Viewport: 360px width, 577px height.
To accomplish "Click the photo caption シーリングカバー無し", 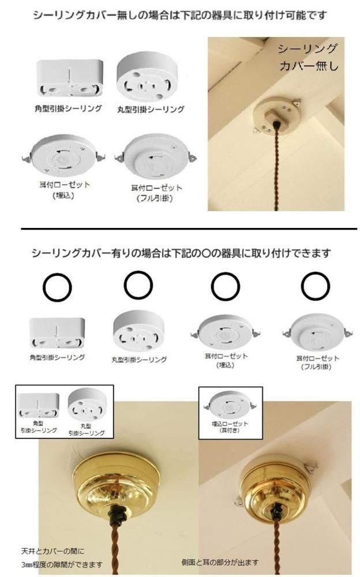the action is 307,57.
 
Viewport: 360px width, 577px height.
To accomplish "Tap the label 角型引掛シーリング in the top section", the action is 69,108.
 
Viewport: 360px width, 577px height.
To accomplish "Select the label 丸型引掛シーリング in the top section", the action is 151,109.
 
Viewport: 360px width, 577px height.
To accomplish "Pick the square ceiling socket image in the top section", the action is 70,78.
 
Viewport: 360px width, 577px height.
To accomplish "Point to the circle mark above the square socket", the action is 57,287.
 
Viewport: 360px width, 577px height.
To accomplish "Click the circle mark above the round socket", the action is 138,285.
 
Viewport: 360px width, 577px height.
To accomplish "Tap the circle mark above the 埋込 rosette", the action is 225,287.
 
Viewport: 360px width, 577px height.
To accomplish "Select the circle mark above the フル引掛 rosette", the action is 316,286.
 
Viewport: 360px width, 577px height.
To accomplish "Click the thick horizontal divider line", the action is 189,229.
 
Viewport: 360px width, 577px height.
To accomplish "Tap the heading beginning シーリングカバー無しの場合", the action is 180,16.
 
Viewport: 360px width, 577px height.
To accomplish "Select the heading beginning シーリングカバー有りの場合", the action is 181,253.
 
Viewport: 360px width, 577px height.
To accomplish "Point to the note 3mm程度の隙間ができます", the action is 62,564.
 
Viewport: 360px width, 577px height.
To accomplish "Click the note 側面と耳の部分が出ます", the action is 220,562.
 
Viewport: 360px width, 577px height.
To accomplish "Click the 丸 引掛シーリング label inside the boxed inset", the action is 86,430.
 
